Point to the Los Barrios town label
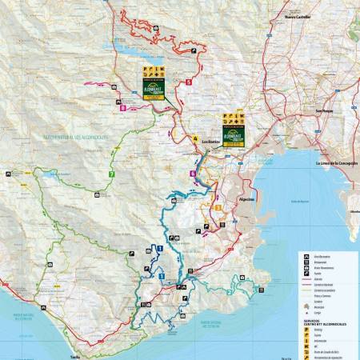click(210, 142)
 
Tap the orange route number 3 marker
click(218, 207)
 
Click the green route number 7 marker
click(112, 174)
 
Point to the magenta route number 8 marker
click(122, 107)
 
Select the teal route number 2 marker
click(230, 292)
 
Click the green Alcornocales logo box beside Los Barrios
click(233, 130)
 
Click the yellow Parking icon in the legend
click(305, 327)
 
